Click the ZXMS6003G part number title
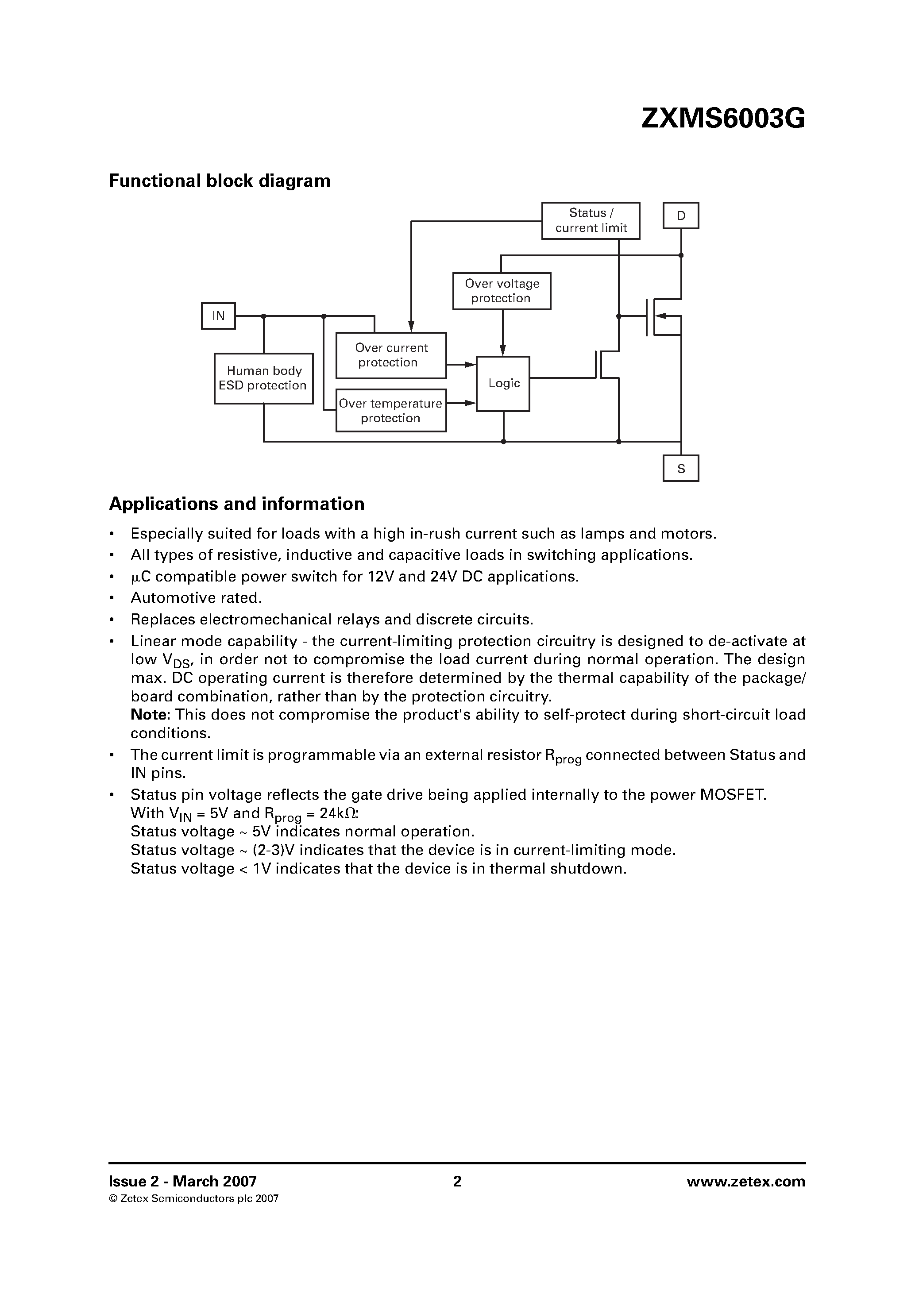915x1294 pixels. [x=723, y=119]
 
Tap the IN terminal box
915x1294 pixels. [x=218, y=316]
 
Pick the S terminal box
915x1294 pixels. [x=680, y=468]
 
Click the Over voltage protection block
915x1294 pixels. [x=501, y=291]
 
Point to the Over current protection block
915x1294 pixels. [x=391, y=356]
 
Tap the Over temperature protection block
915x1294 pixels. [x=391, y=411]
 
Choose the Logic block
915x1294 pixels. [x=503, y=384]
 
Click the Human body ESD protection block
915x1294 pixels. [x=263, y=378]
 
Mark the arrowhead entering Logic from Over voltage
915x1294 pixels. [x=503, y=351]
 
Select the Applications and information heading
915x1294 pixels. [x=236, y=504]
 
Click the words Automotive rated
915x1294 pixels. [x=196, y=598]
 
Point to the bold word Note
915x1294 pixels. [x=149, y=715]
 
